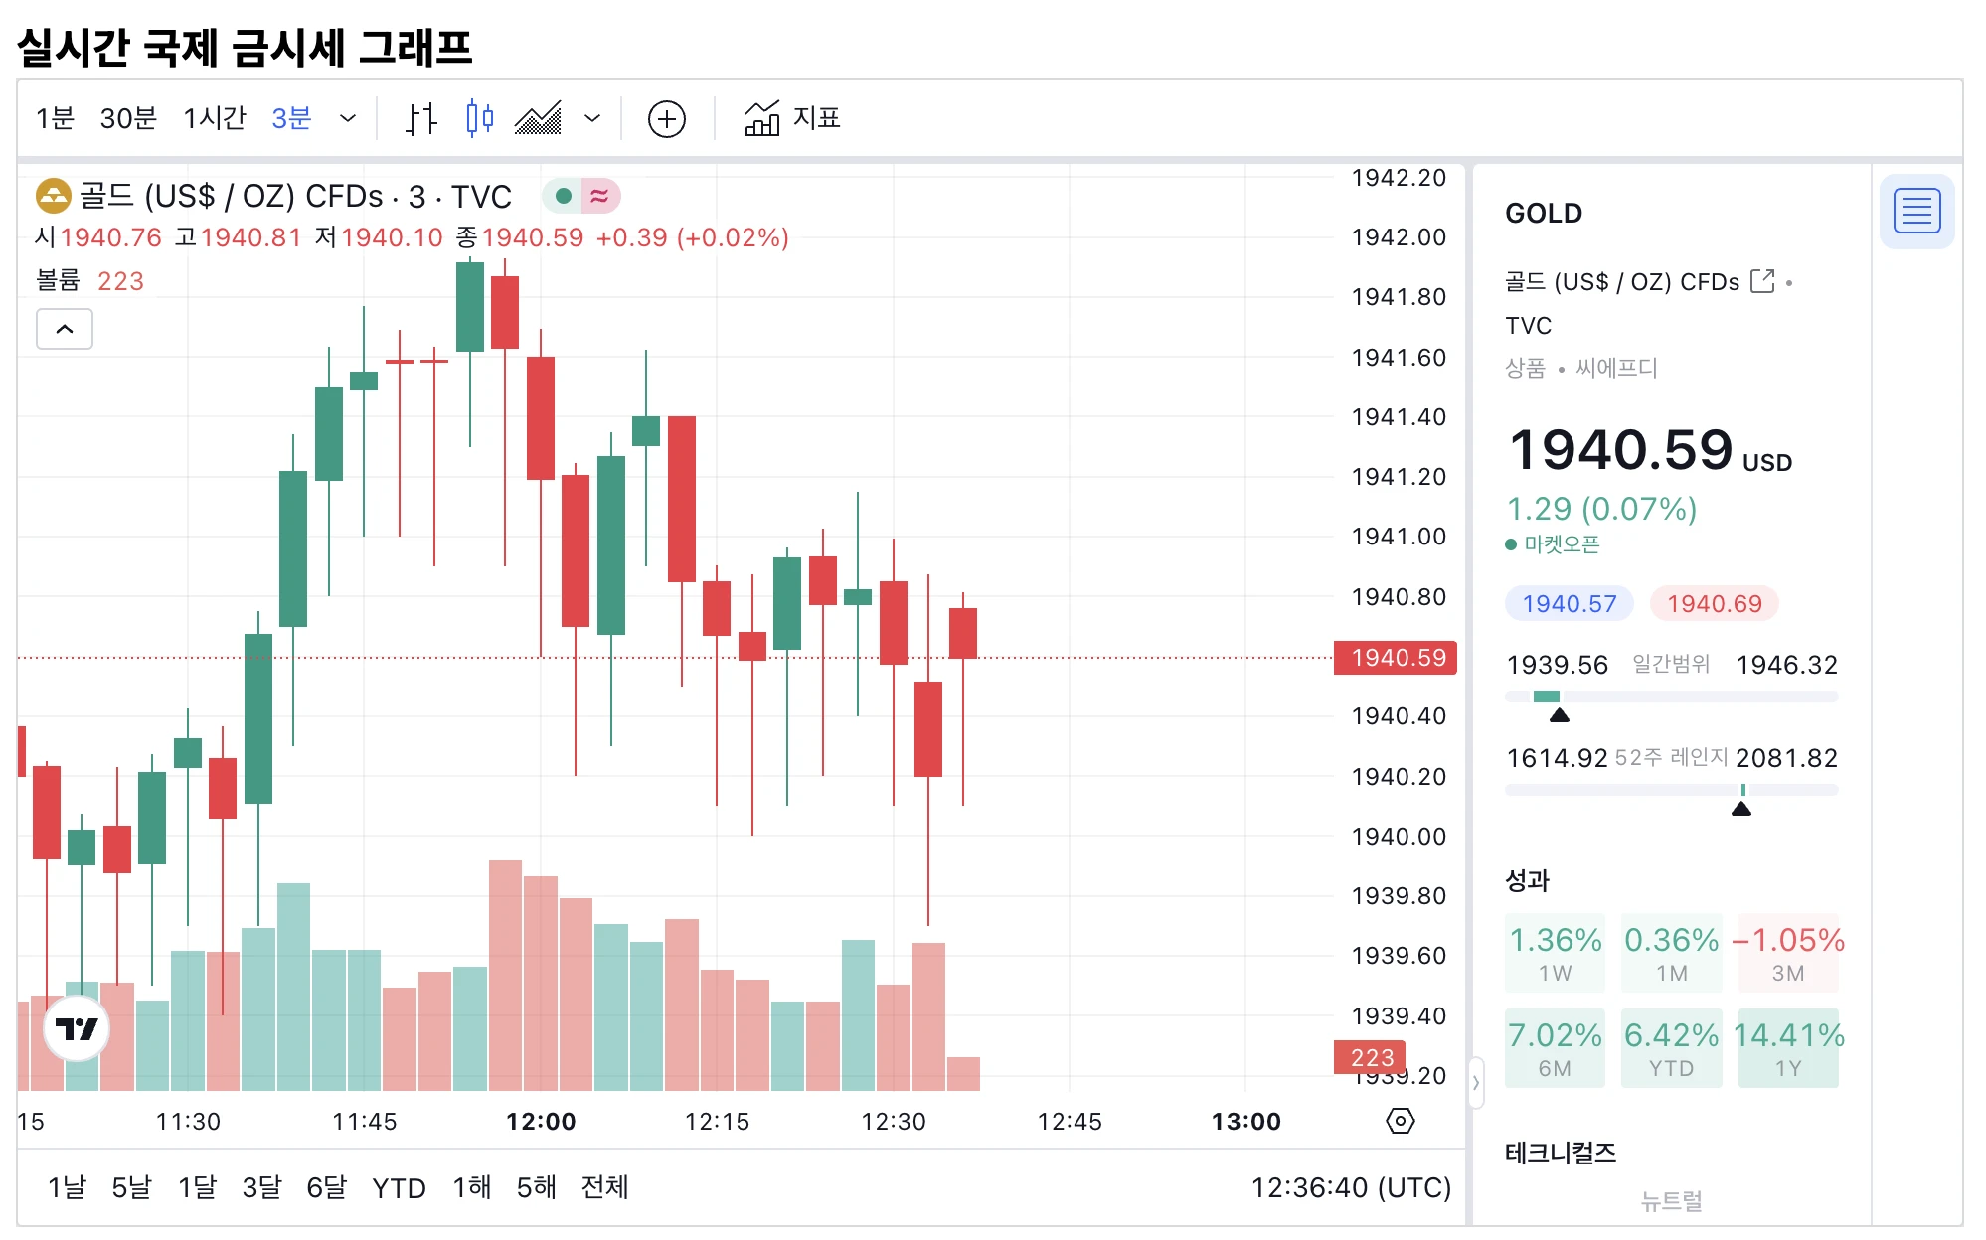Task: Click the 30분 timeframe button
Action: point(128,118)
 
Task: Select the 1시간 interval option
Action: point(214,118)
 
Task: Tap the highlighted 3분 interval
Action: point(291,118)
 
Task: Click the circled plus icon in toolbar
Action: point(666,119)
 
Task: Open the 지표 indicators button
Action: point(792,118)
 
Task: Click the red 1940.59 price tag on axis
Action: point(1397,658)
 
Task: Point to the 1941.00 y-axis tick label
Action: point(1398,537)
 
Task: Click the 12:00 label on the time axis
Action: point(541,1122)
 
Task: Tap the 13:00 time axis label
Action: point(1245,1122)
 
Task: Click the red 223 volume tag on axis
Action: point(1371,1057)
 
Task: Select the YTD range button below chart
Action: point(399,1188)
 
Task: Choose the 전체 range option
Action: point(604,1187)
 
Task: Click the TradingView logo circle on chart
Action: point(77,1029)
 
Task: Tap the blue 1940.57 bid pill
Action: point(1569,604)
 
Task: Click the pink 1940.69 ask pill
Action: point(1714,604)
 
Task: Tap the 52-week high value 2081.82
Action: point(1786,758)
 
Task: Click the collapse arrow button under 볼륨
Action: point(65,329)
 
